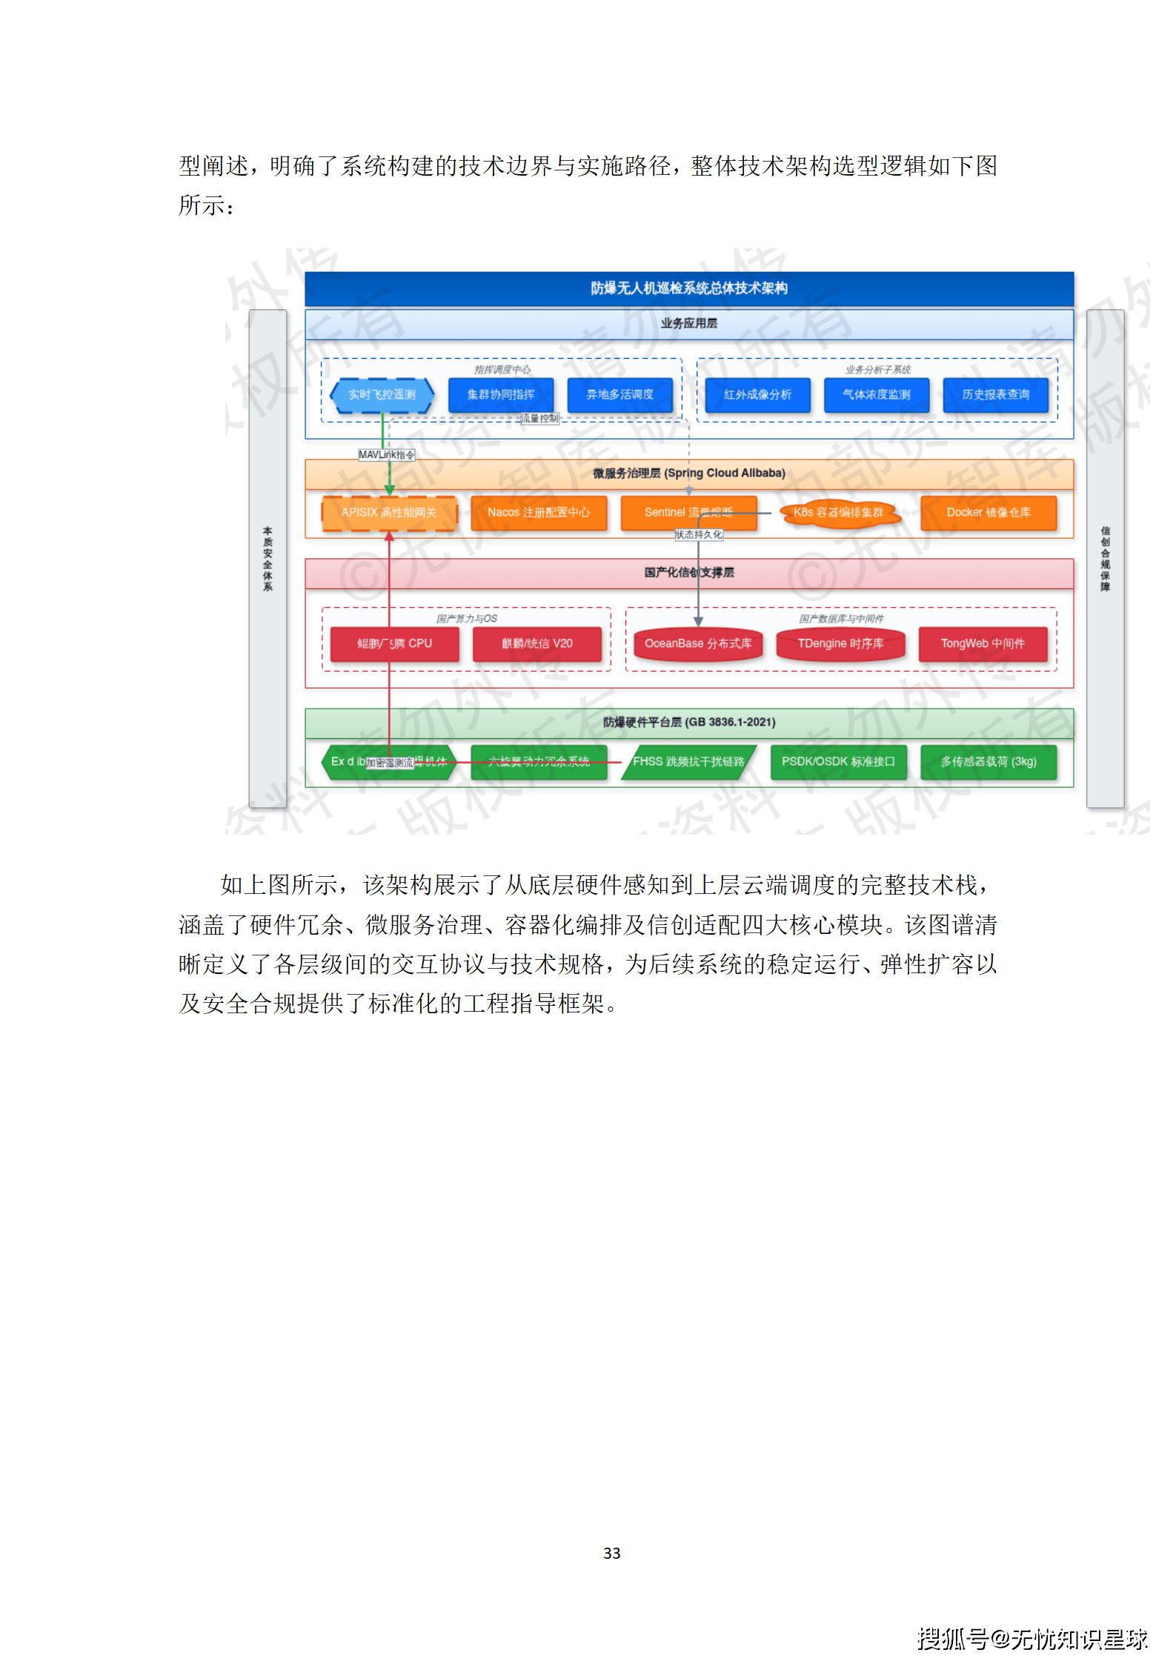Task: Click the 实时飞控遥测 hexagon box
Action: [382, 394]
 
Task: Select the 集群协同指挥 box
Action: [500, 394]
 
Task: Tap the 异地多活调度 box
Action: [619, 394]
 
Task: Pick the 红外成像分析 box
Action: [757, 394]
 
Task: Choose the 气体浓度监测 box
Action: [876, 394]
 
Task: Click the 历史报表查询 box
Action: [995, 394]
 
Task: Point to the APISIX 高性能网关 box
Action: [389, 512]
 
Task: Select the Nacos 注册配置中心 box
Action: [539, 512]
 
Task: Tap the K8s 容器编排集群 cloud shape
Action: [838, 512]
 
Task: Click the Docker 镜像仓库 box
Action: [988, 512]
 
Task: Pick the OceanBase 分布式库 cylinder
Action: [698, 643]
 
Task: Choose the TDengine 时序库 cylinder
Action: [840, 643]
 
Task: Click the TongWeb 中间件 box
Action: [983, 643]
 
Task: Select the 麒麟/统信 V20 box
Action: [536, 643]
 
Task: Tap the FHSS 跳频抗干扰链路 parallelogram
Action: [688, 761]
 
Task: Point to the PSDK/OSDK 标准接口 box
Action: [838, 761]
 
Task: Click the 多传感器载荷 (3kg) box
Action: [988, 761]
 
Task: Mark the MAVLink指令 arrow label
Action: [386, 454]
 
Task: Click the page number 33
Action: [611, 1553]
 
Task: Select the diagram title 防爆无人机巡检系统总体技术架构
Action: [688, 288]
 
